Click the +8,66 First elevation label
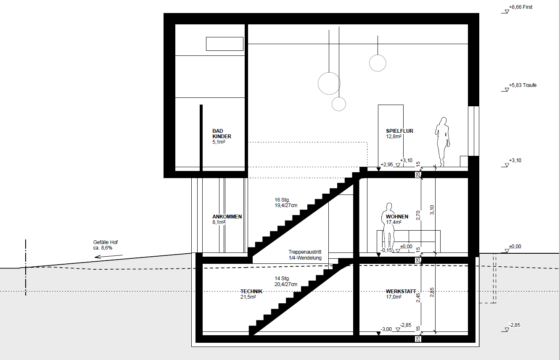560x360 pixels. [x=521, y=7]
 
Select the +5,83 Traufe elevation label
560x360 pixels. [x=523, y=85]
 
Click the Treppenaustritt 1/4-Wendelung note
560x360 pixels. [x=305, y=255]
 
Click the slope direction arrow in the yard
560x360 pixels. [x=108, y=256]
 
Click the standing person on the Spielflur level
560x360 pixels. [x=442, y=142]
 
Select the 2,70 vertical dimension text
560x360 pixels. [x=418, y=215]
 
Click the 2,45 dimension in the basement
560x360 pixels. [x=418, y=298]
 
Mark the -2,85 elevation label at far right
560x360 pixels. [x=515, y=325]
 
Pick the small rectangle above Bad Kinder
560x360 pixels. [x=225, y=44]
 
